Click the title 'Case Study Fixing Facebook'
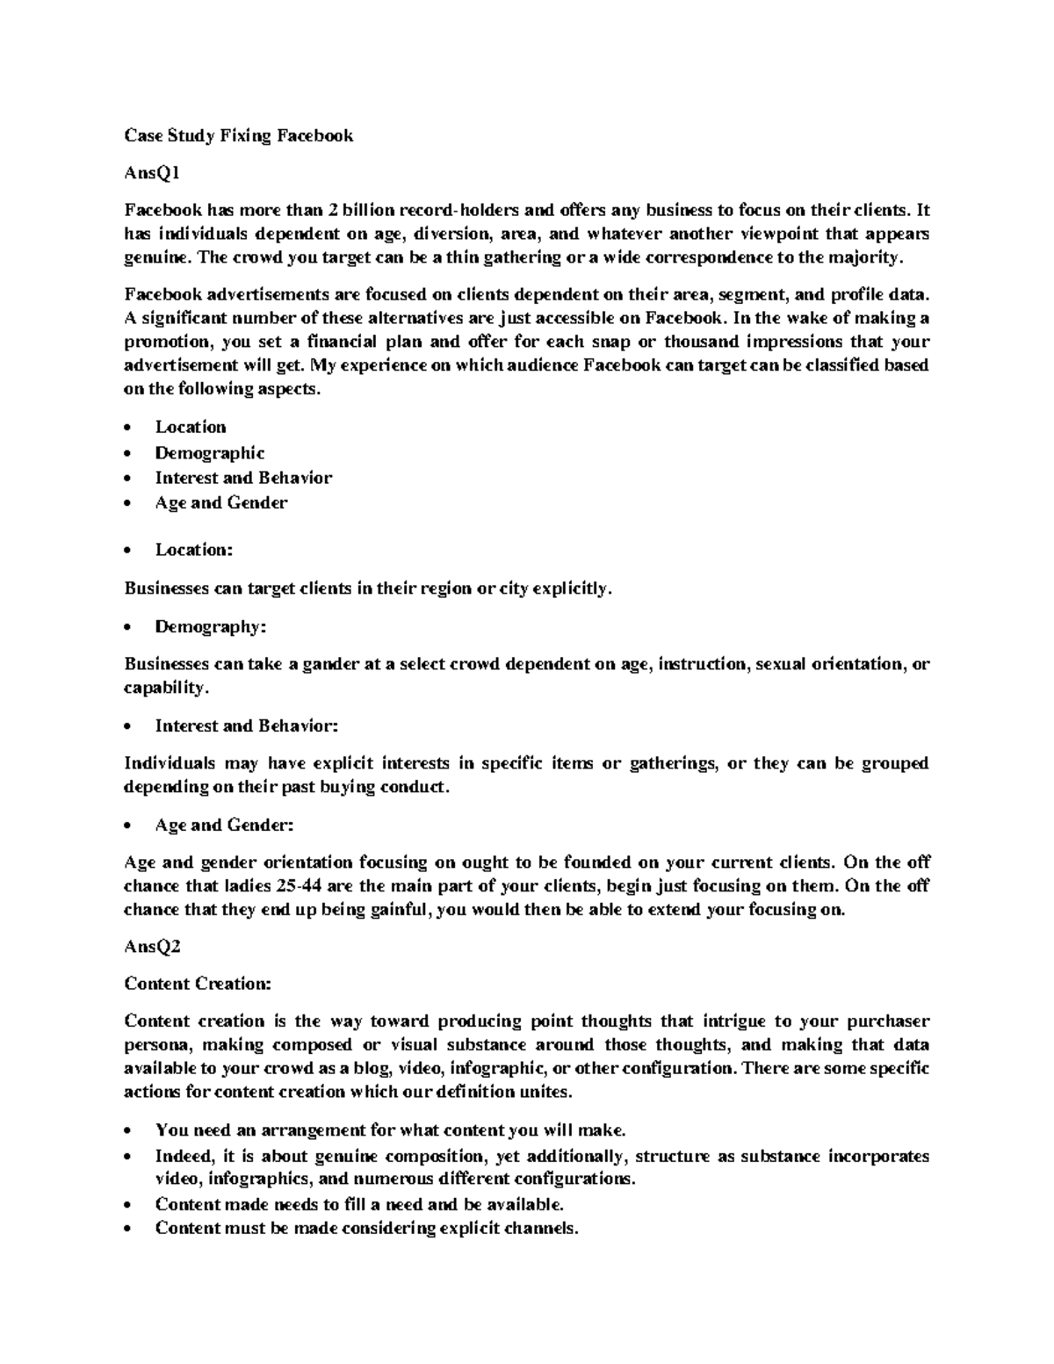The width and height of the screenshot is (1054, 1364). pyautogui.click(x=238, y=135)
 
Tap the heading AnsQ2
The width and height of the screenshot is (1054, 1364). pyautogui.click(x=152, y=947)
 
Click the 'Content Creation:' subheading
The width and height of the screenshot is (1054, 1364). pyautogui.click(x=198, y=984)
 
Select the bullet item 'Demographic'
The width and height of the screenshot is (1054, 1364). pyautogui.click(x=210, y=453)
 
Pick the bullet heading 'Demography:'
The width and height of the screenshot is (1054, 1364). pyautogui.click(x=210, y=627)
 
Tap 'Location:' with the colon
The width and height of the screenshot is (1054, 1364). pyautogui.click(x=194, y=550)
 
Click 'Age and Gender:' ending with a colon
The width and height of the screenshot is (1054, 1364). pyautogui.click(x=224, y=826)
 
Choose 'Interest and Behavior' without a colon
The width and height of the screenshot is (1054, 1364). pyautogui.click(x=243, y=478)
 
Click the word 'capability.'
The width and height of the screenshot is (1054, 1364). pyautogui.click(x=167, y=688)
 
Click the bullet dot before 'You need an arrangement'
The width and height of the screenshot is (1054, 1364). pyautogui.click(x=129, y=1130)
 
